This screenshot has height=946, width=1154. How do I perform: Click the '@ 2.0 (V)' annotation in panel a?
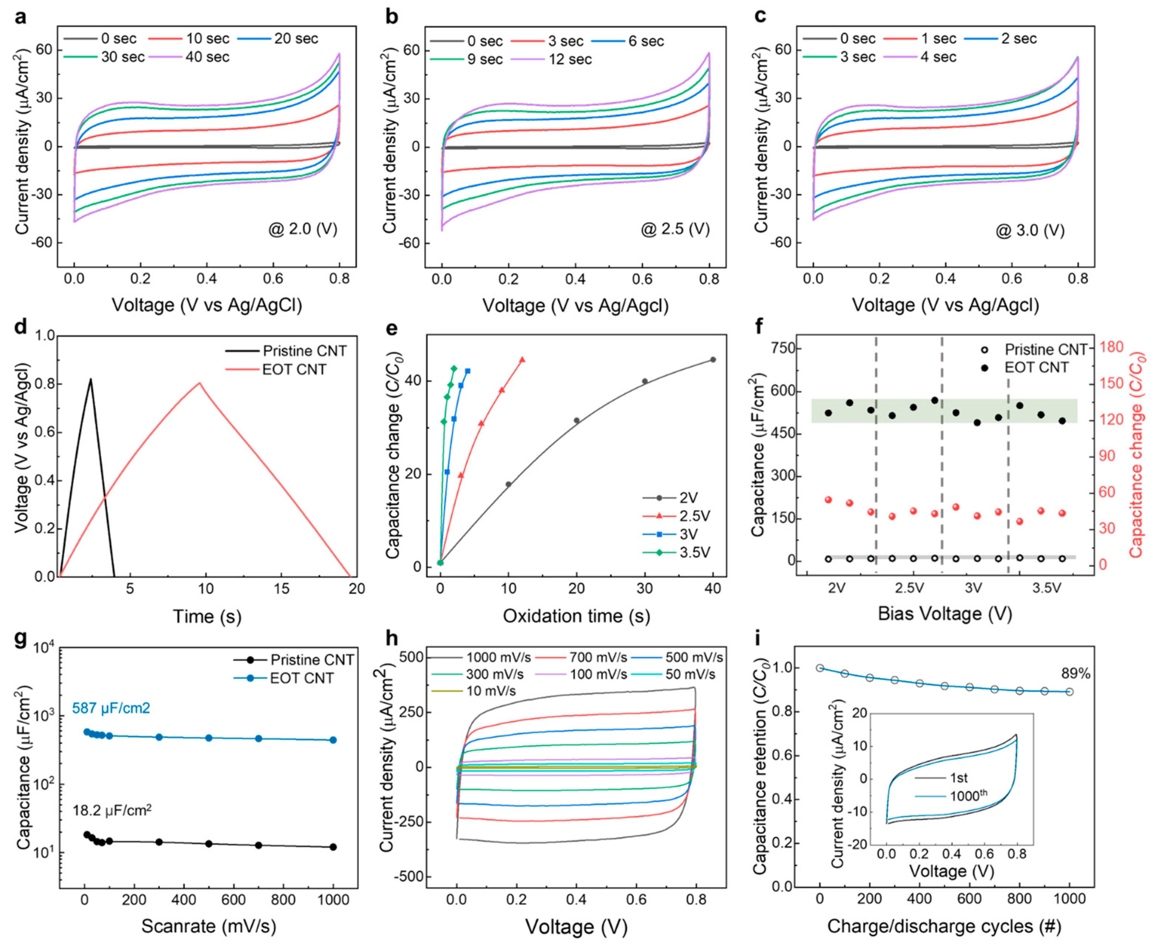[x=303, y=229]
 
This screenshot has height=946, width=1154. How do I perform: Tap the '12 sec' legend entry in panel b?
[x=570, y=59]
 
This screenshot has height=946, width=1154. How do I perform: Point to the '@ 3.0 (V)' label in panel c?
[x=1030, y=231]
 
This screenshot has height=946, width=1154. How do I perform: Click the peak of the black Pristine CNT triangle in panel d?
[x=91, y=379]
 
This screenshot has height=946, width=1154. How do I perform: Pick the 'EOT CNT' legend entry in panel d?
[x=294, y=370]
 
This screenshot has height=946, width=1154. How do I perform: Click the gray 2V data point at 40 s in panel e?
[x=712, y=360]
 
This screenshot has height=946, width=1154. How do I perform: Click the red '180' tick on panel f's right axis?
[x=1111, y=347]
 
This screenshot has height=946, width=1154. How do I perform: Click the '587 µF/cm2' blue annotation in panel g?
[x=111, y=708]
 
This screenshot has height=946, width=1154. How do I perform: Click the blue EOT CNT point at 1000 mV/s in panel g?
[x=333, y=740]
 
